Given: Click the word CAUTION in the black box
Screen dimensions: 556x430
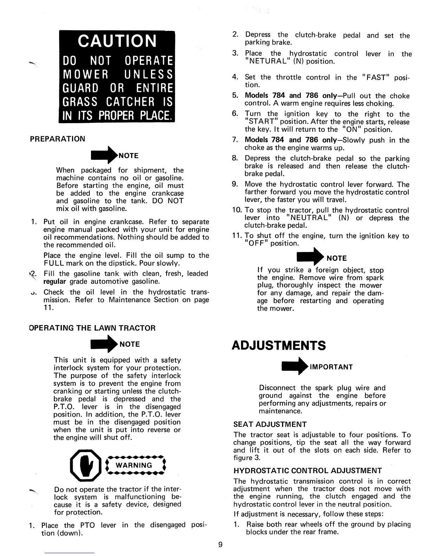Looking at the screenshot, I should coord(117,41).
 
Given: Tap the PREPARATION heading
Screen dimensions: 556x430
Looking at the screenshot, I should coord(58,139).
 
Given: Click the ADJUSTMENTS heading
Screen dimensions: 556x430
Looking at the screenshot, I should coord(279,345).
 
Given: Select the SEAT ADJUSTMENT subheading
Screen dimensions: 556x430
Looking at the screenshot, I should coord(270,424).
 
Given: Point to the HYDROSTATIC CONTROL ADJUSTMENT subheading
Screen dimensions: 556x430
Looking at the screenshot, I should coord(307,470).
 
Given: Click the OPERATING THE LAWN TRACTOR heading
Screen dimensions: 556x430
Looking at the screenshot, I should coord(92,328).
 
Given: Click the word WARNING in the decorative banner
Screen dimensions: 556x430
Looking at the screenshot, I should coord(134,465).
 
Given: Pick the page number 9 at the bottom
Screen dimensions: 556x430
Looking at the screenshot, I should coord(220,544).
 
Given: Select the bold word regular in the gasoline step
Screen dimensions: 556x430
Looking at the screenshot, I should coord(54,282).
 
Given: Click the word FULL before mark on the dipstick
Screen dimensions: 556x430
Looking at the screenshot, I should coord(53,263).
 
